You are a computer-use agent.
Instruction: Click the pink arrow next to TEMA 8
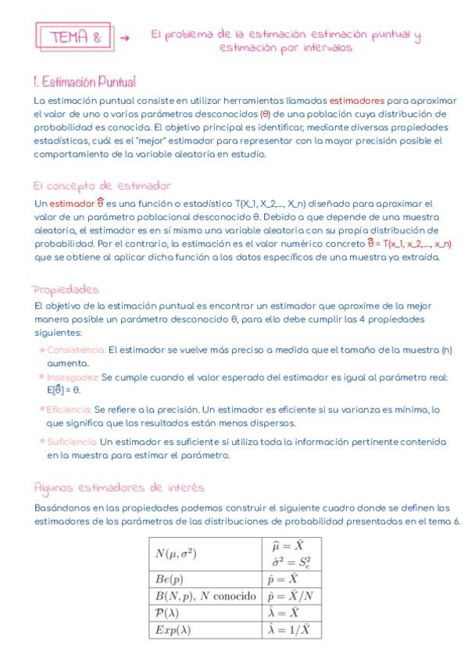pyautogui.click(x=125, y=37)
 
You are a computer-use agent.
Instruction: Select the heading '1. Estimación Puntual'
pyautogui.click(x=84, y=81)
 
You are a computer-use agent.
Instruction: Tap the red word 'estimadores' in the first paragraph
pyautogui.click(x=356, y=101)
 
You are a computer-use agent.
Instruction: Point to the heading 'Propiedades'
pyautogui.click(x=66, y=290)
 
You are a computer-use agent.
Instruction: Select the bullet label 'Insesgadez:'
pyautogui.click(x=73, y=376)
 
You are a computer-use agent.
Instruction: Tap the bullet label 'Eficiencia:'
pyautogui.click(x=69, y=409)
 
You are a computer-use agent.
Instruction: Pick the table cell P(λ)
pyautogui.click(x=166, y=613)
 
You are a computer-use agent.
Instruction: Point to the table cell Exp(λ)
pyautogui.click(x=172, y=629)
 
